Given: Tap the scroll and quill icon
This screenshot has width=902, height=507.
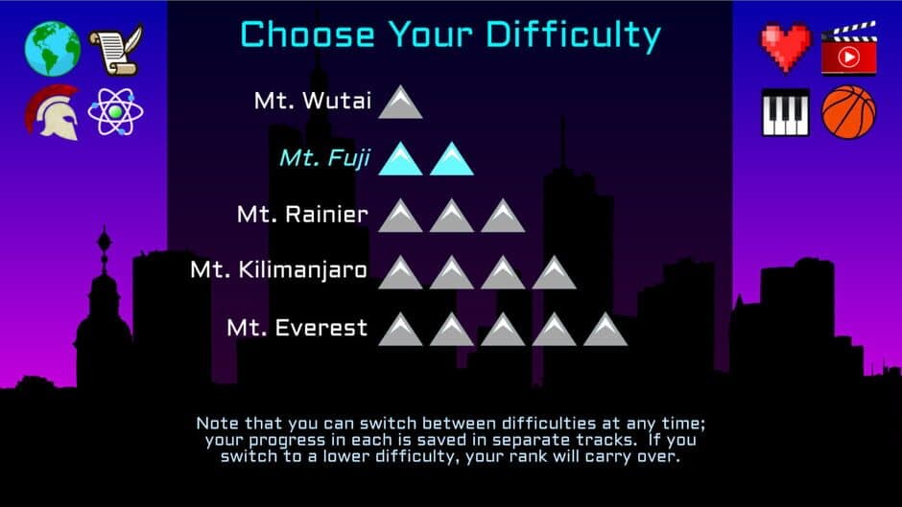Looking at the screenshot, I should tap(116, 50).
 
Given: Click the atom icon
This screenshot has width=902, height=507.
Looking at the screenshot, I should tap(116, 112).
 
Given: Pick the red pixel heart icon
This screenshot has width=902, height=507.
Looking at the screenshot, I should tap(786, 49).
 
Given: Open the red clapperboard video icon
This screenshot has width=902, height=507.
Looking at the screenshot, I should tap(849, 50).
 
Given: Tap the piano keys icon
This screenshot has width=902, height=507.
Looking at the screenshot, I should tap(786, 112).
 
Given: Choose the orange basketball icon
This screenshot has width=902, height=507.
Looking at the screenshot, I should tap(849, 112).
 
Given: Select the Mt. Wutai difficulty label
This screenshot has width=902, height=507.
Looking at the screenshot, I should tap(312, 101).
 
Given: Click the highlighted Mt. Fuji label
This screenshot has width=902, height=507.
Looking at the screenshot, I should tap(324, 157).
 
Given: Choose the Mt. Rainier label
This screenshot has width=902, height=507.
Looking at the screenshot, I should tap(302, 214).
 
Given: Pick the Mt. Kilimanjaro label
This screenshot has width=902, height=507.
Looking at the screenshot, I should tap(278, 270).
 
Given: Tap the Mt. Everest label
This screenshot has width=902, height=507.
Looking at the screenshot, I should tap(297, 328).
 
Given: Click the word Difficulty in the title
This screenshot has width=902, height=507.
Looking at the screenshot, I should tap(573, 35).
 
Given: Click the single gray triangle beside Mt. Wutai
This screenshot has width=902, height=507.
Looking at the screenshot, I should tap(400, 103).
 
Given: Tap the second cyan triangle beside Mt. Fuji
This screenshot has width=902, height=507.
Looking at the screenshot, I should tap(452, 159).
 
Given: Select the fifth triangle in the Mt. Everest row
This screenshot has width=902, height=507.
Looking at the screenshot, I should tap(605, 330).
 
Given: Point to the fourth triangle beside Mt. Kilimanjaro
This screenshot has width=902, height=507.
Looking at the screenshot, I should tap(554, 273).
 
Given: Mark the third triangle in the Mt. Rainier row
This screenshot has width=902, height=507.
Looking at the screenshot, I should tap(503, 217).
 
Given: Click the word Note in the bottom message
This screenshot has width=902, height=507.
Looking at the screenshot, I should tap(216, 423).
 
